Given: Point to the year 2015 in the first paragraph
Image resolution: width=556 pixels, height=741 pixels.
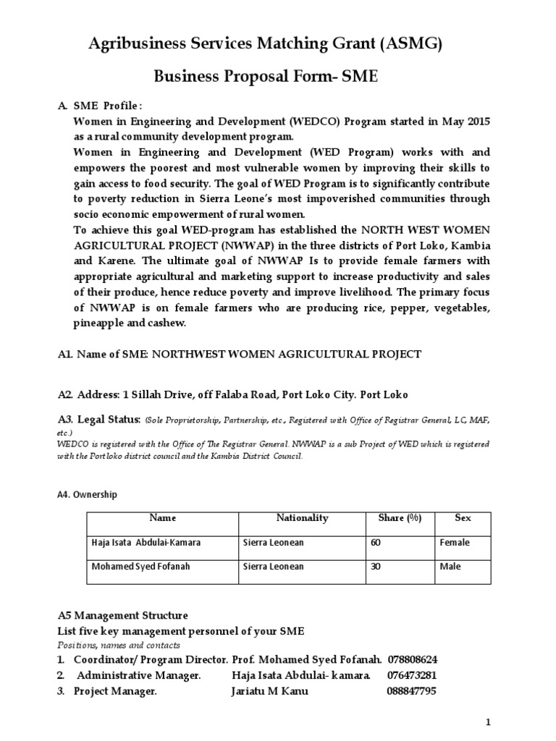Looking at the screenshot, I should tap(476, 121).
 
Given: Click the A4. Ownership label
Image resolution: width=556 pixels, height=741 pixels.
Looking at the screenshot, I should tap(86, 495).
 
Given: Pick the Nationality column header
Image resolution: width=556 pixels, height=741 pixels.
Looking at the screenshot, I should tap(302, 518).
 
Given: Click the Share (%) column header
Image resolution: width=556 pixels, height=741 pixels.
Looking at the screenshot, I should tap(400, 518).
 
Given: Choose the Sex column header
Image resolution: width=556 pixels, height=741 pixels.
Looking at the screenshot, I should tap(462, 518).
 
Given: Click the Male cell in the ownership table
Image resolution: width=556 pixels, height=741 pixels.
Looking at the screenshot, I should tap(450, 567).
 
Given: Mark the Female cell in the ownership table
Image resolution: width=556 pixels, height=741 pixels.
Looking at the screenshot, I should tap(454, 542).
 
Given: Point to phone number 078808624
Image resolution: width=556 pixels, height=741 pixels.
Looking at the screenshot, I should tap(413, 660).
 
